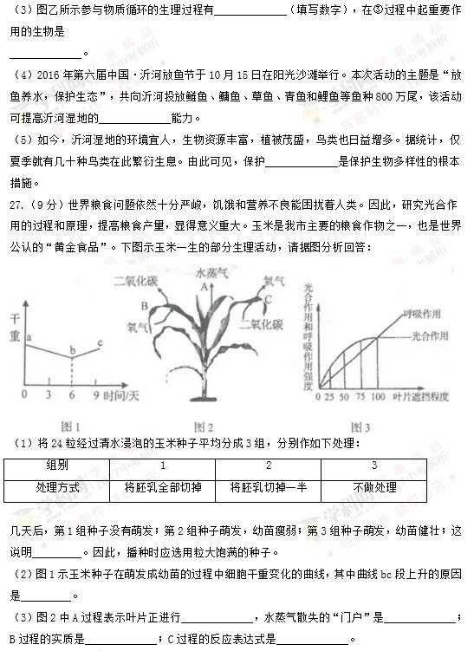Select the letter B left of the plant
pos(142,305)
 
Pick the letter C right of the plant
pos(269,299)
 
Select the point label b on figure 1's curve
pos(73,349)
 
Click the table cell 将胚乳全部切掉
pos(163,487)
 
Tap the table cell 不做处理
pos(373,487)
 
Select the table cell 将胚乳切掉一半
pos(269,487)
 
